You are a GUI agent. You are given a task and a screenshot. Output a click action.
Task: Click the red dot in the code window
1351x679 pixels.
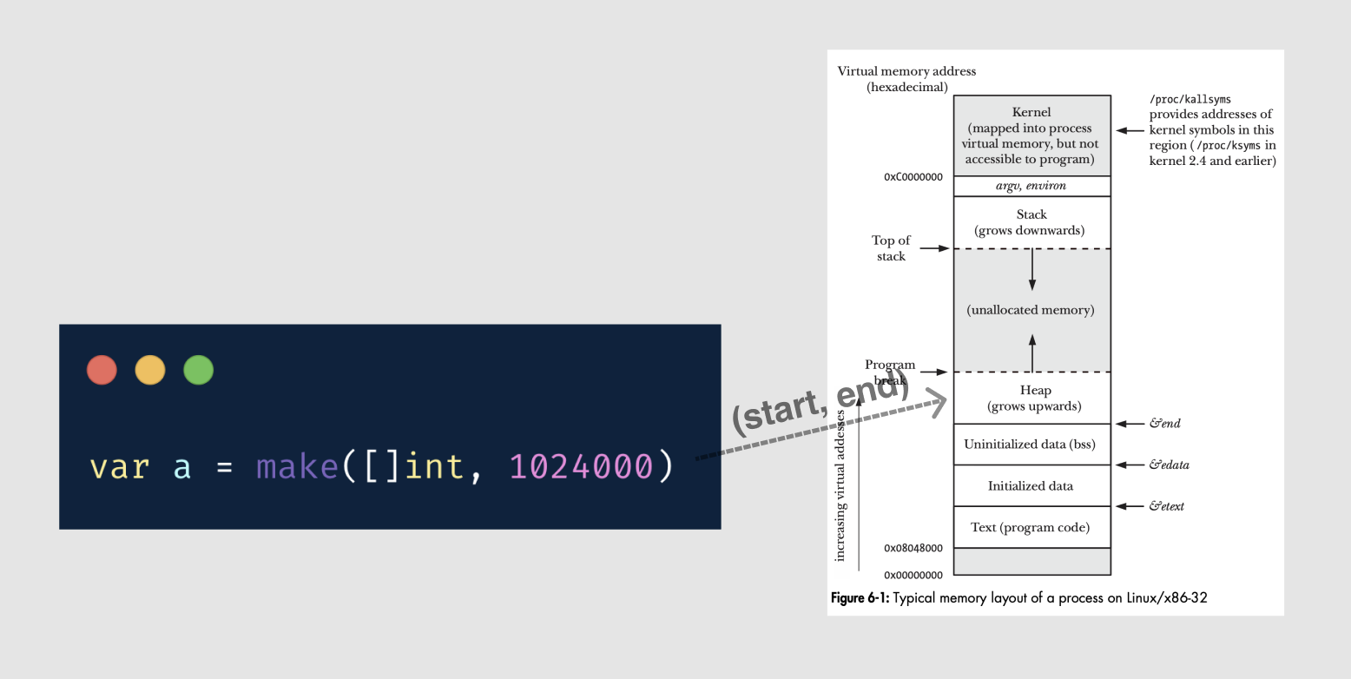tap(102, 371)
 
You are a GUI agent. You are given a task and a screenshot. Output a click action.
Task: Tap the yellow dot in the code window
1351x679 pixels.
tap(150, 371)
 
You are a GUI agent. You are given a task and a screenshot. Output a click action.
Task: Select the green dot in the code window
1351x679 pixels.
tap(199, 371)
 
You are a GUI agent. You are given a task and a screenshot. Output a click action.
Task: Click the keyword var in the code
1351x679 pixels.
tap(119, 466)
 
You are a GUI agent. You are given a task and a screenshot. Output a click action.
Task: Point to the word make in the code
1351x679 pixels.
tap(297, 466)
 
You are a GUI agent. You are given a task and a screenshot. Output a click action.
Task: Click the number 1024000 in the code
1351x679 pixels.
tap(580, 466)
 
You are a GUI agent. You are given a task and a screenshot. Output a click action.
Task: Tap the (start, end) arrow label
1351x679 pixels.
tap(820, 407)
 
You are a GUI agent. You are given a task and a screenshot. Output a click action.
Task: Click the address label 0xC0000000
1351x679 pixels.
tap(913, 177)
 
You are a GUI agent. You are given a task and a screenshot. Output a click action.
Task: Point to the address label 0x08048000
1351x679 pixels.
tap(913, 549)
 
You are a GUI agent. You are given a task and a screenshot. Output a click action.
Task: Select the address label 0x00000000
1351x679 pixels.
tap(913, 575)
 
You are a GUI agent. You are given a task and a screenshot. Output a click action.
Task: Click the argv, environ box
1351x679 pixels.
tap(1031, 186)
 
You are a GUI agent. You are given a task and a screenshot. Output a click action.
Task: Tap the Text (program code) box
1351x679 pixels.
tap(1031, 527)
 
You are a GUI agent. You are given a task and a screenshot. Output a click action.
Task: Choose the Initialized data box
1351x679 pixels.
tap(1031, 486)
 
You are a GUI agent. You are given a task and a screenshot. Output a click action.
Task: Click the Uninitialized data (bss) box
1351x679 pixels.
tap(1031, 445)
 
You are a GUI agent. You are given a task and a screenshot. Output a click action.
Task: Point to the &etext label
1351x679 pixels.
tap(1166, 506)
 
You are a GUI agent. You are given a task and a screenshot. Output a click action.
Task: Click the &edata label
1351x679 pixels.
tap(1169, 465)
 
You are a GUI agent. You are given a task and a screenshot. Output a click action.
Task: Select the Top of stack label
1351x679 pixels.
tap(891, 248)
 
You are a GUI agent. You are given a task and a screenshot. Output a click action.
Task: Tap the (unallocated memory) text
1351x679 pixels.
tap(1031, 310)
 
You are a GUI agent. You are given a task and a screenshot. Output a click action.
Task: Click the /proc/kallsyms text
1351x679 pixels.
tap(1189, 100)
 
